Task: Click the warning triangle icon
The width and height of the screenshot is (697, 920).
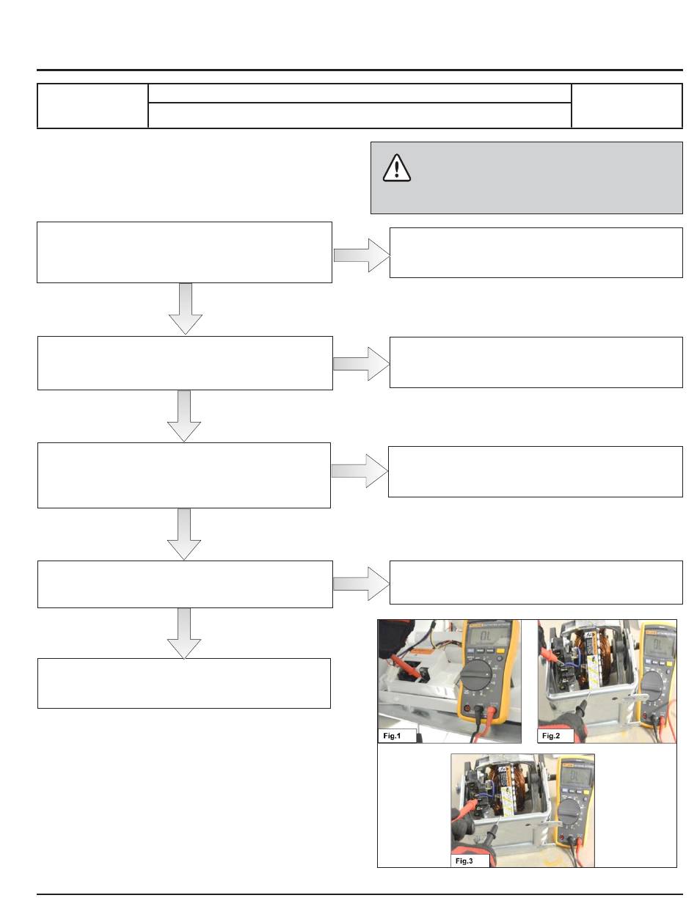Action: tap(396, 168)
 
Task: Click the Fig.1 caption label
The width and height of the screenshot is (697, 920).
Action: tap(395, 734)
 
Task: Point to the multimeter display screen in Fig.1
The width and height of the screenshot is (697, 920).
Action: tap(481, 639)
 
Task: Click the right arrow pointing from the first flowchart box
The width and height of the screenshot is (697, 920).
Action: tap(362, 255)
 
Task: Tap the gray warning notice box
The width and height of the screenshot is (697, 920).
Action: tap(526, 178)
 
